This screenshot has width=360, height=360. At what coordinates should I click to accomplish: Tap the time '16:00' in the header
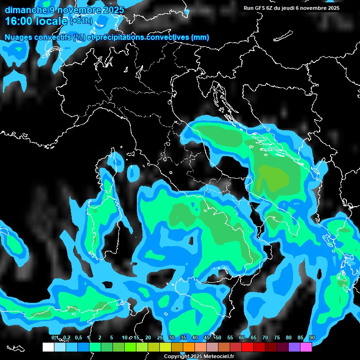tap(19, 21)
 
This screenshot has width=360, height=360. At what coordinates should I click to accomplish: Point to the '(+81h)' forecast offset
tap(81, 22)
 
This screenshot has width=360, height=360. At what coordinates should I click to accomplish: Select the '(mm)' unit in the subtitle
tap(200, 37)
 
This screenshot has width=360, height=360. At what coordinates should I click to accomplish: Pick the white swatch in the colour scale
tap(48, 347)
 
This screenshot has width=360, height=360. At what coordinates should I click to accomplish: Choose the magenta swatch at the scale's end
tap(306, 347)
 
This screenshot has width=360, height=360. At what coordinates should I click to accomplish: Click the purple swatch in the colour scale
tap(294, 347)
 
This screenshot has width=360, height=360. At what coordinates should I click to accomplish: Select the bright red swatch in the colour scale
tap(247, 347)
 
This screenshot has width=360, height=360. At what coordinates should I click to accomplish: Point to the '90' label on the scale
tap(312, 338)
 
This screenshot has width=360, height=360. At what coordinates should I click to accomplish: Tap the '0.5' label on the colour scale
tap(78, 338)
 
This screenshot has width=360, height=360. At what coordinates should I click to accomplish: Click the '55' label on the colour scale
tap(230, 338)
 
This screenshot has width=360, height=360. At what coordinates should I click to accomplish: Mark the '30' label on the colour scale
tap(172, 338)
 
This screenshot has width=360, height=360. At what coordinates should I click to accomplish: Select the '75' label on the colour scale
tap(277, 338)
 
